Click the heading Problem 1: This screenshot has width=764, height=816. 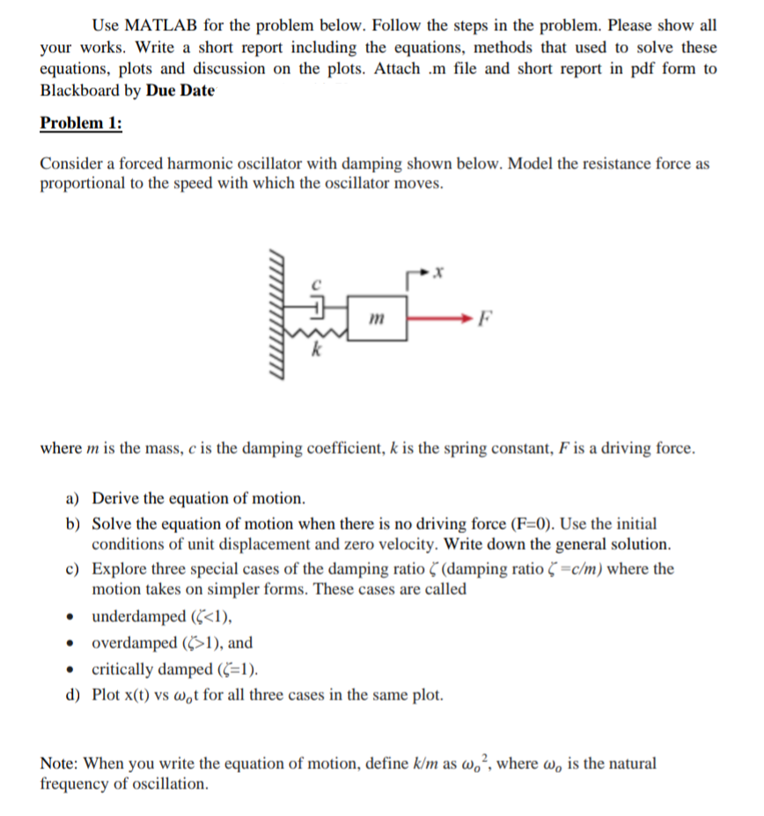81,122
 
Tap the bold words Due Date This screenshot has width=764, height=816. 181,90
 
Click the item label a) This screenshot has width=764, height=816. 76,498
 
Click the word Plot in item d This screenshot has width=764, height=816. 108,695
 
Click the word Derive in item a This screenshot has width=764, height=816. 115,498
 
